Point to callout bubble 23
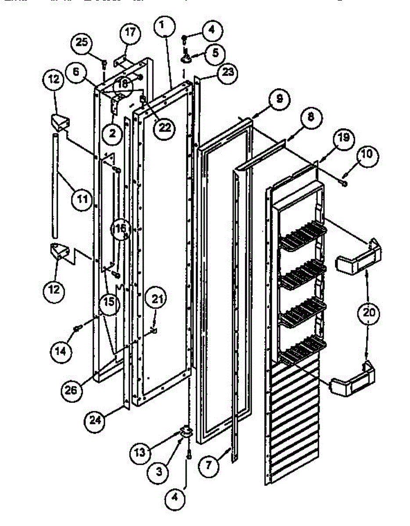click(x=227, y=71)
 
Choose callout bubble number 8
click(x=311, y=117)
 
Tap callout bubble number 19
click(x=344, y=138)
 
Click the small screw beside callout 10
click(x=344, y=183)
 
